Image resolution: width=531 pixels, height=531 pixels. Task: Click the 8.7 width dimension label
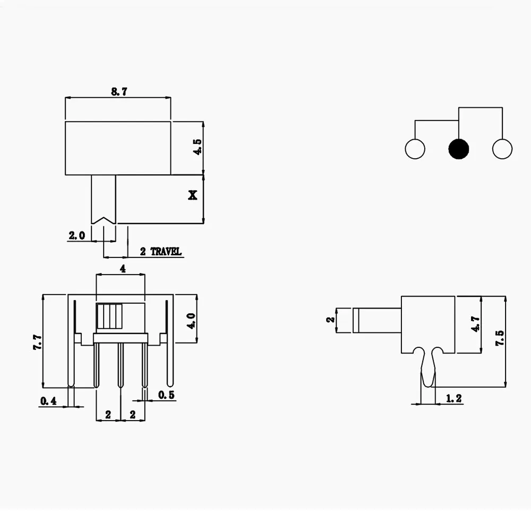119,91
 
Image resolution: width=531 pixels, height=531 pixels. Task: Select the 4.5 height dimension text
198,148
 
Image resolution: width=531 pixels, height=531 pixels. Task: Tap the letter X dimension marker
193,195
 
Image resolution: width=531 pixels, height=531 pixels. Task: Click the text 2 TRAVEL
160,252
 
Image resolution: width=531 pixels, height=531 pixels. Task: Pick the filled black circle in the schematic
459,149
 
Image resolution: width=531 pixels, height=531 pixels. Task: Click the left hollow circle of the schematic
415,149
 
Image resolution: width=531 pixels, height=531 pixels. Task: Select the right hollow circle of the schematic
502,149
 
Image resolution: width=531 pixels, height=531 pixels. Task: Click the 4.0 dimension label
191,321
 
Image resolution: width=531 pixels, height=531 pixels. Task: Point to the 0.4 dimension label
48,401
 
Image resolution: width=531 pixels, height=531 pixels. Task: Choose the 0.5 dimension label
167,395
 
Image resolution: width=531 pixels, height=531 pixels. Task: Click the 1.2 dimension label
453,398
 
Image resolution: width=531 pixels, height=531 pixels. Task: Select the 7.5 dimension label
499,338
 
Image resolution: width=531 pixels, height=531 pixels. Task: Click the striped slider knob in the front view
109,318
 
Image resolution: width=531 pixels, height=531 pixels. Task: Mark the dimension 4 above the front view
122,269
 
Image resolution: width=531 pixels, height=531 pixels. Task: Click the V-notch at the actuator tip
104,219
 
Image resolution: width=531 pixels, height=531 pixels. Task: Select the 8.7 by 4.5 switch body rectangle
118,148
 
